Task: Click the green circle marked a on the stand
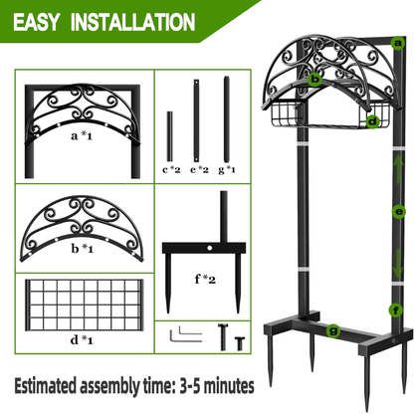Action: coord(396,43)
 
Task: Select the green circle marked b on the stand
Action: coord(314,77)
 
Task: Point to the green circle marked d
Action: coord(371,121)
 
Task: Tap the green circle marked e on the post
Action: coord(398,212)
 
